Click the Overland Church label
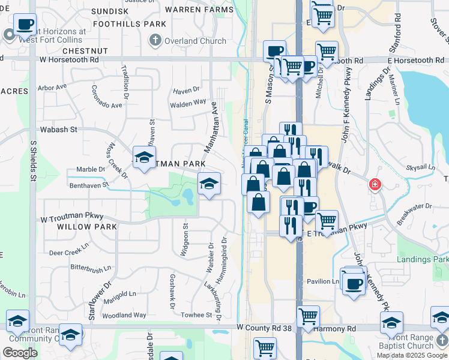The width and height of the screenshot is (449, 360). point(196,41)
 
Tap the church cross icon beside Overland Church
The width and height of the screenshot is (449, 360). point(155,41)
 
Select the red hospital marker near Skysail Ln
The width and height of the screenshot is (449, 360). point(375,184)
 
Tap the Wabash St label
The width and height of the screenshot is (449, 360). point(59,129)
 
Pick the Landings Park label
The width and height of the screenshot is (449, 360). point(423,259)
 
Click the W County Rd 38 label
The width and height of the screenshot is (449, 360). point(264,328)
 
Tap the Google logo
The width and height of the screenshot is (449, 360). point(20,353)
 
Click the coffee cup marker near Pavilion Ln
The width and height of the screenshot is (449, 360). point(354,281)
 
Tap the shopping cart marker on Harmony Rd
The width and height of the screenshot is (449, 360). point(308,316)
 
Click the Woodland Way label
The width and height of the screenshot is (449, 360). point(124,315)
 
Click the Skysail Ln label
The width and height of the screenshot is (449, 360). point(419,169)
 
